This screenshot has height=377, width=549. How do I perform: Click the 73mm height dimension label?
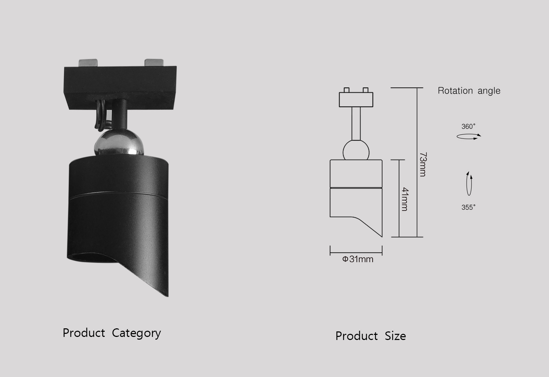[423, 165]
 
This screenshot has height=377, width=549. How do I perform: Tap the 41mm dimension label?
[405, 199]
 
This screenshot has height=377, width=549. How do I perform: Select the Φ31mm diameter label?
[358, 259]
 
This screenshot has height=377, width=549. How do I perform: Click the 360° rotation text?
[468, 126]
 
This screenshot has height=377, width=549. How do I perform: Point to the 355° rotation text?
[468, 207]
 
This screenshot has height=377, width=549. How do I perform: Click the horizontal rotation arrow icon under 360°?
[469, 136]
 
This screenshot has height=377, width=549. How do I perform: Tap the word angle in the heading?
[489, 91]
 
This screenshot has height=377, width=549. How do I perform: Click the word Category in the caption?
[136, 333]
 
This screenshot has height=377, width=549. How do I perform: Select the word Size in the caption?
[395, 336]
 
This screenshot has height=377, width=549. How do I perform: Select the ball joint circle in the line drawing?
[356, 151]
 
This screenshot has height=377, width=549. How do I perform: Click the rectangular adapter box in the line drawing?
[356, 99]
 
